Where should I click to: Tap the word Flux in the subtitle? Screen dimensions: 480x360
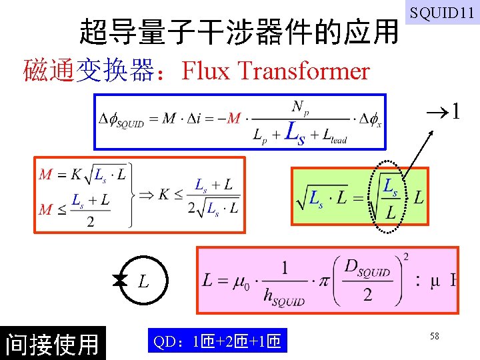pos(205,70)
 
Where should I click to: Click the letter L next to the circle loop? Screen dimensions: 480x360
pos(144,282)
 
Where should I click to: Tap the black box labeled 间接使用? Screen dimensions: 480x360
pos(52,343)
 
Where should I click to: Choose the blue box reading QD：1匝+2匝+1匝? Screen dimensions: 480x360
pos(216,343)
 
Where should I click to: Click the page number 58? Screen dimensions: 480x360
pos(434,337)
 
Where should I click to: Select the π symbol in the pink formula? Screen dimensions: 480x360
pos(324,281)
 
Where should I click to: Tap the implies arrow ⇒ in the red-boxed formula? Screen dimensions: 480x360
pos(145,195)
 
